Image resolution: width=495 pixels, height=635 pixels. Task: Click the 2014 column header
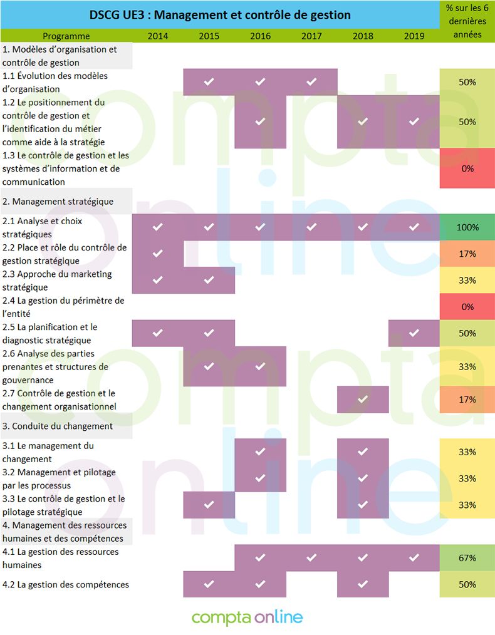[x=157, y=36]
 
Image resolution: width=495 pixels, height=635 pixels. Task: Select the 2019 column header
[x=414, y=36]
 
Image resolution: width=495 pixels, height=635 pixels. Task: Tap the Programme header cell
[x=66, y=36]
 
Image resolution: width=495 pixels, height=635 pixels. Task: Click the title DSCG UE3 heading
[x=220, y=14]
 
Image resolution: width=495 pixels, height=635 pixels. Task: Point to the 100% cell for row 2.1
[x=467, y=227]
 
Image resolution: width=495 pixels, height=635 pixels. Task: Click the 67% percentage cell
[x=467, y=558]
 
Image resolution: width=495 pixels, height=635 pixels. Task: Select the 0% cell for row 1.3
[x=467, y=168]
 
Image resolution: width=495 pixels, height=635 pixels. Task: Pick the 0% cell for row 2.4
[x=467, y=307]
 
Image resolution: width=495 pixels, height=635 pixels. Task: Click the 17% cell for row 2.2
[x=467, y=254]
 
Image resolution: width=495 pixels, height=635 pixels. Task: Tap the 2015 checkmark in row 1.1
[x=209, y=82]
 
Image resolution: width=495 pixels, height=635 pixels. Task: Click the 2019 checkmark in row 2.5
[x=414, y=333]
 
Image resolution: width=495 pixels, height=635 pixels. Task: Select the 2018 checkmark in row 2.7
[x=362, y=400]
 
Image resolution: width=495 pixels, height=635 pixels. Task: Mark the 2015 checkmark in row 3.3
[x=209, y=505]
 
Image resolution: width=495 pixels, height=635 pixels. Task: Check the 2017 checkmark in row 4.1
[x=311, y=558]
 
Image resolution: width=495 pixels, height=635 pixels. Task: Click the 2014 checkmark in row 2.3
[x=157, y=280]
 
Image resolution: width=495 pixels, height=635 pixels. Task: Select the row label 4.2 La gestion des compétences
[x=66, y=584]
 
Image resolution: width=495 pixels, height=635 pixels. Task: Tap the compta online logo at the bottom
[x=247, y=617]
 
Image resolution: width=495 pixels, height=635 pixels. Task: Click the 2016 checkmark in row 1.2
[x=260, y=121]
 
